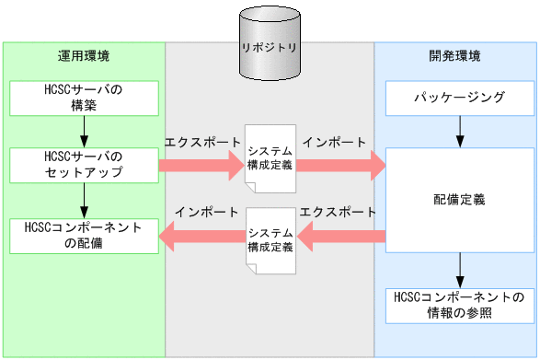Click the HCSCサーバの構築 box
pos(84,98)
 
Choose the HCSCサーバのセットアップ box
pos(84,165)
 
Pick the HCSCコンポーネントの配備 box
pos(84,236)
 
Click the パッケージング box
pos(457,98)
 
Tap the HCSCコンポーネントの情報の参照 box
pos(457,305)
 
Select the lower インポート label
pos(202,211)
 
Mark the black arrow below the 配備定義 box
pos(457,269)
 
